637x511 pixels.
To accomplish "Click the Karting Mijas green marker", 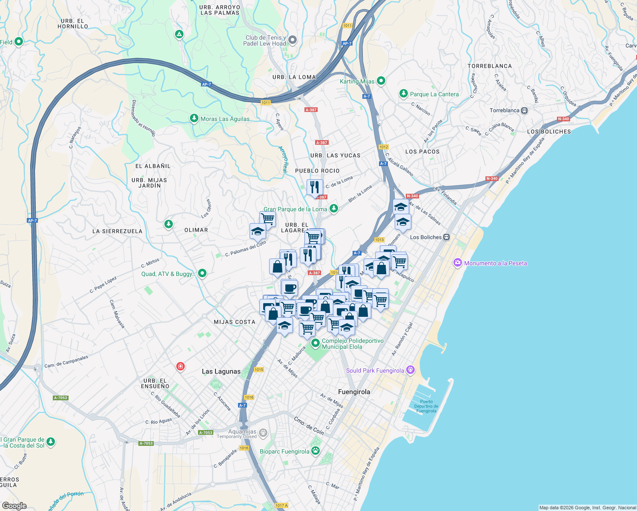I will click(381, 80).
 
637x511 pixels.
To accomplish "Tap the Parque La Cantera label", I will click(434, 94).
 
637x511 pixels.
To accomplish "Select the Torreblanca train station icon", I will click(525, 111).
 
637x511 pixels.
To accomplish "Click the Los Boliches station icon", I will click(446, 237).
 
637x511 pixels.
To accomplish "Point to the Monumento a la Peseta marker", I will click(458, 263).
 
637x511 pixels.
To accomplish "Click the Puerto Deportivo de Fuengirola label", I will click(426, 406).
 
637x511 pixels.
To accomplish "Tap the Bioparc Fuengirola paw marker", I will click(316, 451).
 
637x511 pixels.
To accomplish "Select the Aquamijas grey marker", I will click(263, 433).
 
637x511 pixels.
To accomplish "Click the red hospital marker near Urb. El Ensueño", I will click(181, 366).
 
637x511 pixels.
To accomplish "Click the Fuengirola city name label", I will click(354, 392).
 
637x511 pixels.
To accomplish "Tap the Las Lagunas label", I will click(221, 371).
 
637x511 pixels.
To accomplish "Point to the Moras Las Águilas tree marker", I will click(194, 118).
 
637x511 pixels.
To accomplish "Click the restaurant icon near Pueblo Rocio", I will click(315, 187).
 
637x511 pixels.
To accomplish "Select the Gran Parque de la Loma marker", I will click(334, 208).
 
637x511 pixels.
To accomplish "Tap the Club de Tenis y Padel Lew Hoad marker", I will click(292, 40).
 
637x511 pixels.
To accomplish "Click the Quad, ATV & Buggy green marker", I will click(202, 273).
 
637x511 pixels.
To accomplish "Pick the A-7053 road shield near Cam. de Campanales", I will click(60, 398).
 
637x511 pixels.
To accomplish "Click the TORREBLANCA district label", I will click(490, 66).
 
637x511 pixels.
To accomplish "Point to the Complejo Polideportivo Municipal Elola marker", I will click(316, 343).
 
